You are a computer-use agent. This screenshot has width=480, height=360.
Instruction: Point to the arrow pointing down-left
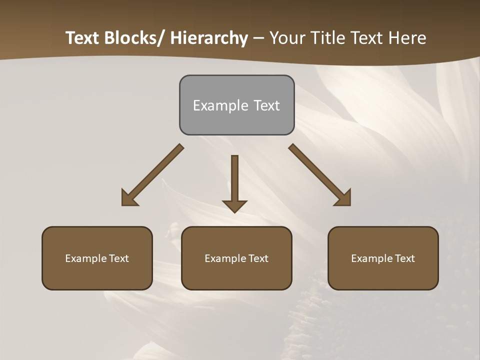pyautogui.click(x=152, y=175)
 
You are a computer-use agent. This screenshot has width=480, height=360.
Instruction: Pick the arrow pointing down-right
pyautogui.click(x=320, y=175)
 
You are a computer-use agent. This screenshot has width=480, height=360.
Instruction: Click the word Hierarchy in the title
pyautogui.click(x=209, y=38)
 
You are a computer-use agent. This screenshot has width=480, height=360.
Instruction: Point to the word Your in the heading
pyautogui.click(x=286, y=38)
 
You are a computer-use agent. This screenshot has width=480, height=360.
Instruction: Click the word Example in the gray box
pyautogui.click(x=213, y=105)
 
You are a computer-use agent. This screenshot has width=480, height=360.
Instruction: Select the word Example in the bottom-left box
pyautogui.click(x=84, y=258)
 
